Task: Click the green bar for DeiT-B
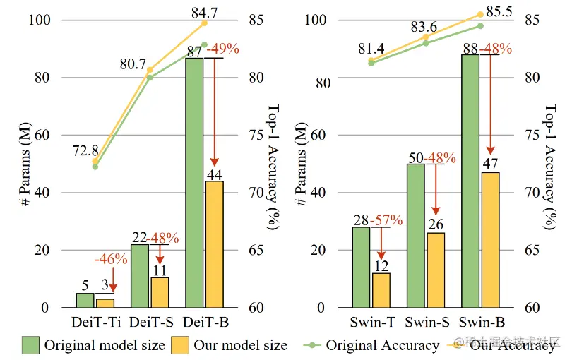[194, 183]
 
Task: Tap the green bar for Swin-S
[416, 236]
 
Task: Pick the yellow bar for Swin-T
[381, 290]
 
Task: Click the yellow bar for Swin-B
[489, 240]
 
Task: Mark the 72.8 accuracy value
[84, 150]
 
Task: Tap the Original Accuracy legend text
[382, 345]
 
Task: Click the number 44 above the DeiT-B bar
[214, 174]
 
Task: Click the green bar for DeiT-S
[140, 276]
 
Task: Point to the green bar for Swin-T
[362, 268]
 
